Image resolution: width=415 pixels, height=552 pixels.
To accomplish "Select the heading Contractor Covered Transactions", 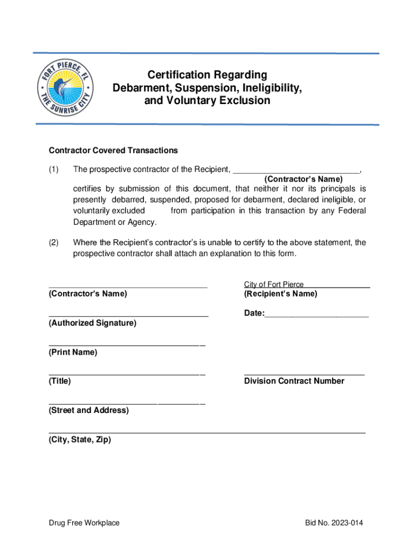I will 113,150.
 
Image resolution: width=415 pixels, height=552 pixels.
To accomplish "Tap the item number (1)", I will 53,170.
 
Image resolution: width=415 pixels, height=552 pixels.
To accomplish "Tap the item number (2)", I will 53,243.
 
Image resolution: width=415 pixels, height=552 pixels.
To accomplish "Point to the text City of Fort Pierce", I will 274,284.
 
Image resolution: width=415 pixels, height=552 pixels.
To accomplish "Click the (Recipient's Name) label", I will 280,294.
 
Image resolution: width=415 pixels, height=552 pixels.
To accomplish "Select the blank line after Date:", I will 316,314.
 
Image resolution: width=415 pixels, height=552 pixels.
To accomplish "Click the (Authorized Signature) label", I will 92,323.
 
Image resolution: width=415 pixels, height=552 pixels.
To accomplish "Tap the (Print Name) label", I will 73,352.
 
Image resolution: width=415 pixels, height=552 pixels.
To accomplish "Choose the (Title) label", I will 59,381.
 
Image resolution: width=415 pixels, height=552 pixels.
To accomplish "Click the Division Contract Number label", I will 294,381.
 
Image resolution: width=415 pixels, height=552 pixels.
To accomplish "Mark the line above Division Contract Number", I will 304,374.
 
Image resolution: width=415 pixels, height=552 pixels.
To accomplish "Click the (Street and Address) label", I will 88,410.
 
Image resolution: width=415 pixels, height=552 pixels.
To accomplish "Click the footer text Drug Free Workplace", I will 84,523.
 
